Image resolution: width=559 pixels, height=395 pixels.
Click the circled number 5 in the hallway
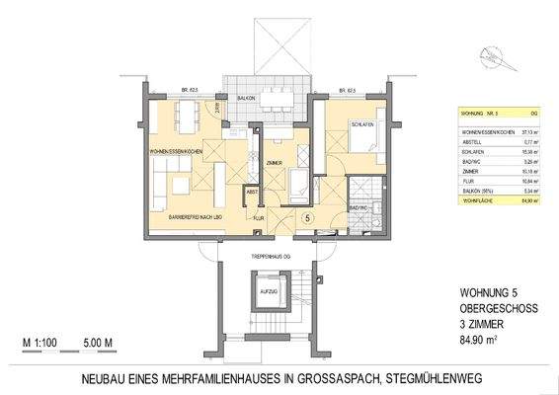point(307,216)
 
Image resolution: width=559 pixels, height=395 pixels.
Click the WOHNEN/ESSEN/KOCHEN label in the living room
point(177,152)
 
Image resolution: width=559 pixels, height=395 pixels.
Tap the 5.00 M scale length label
point(103,344)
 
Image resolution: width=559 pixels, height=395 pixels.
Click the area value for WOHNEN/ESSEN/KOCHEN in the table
point(528,130)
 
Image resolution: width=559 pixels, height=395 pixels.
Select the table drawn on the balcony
point(279,98)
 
